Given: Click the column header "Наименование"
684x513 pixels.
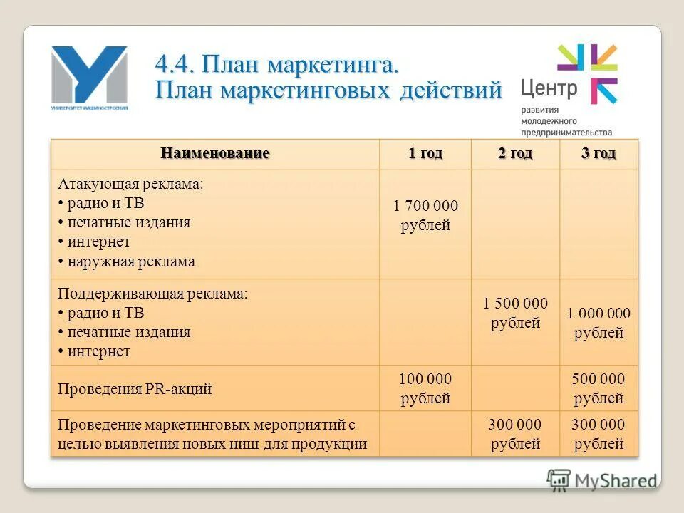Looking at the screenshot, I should (214, 153).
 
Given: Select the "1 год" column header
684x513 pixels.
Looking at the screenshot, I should (425, 153).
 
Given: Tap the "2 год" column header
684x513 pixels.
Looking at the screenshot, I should (514, 153).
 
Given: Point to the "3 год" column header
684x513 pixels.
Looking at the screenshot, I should (598, 153).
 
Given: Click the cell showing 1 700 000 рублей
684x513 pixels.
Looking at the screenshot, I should (425, 216).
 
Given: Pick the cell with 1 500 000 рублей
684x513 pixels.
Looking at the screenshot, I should (514, 313).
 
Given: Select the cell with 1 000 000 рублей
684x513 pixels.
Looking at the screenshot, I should (598, 323).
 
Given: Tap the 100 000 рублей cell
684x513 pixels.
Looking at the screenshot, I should (425, 388).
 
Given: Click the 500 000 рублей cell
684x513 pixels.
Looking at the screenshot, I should (598, 388).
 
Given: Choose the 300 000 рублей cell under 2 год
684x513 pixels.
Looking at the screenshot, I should (514, 434).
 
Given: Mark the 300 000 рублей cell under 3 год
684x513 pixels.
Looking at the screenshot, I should (598, 434).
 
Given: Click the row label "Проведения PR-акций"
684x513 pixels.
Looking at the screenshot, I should (135, 389).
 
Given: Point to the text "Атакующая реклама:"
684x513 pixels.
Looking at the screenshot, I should (130, 184).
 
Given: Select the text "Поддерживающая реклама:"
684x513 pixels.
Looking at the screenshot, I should (152, 294).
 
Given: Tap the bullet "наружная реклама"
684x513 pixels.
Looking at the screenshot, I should (131, 261).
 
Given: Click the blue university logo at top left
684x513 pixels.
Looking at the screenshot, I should (89, 77).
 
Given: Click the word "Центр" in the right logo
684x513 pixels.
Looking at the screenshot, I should (549, 88).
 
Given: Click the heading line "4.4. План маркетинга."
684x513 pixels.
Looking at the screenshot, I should (276, 66).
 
